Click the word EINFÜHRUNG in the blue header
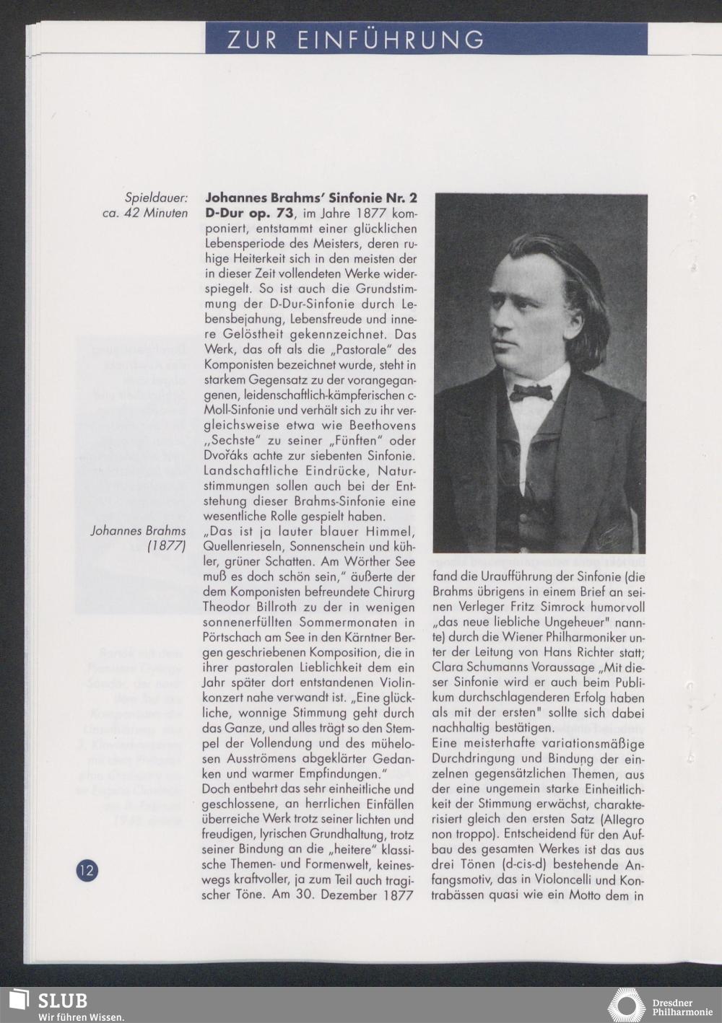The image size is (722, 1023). (391, 39)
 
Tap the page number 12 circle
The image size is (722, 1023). (87, 869)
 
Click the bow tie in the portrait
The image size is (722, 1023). (531, 392)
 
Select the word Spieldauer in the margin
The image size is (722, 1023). (156, 198)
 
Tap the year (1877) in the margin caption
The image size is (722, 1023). (167, 546)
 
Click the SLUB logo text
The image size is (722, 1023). (62, 1001)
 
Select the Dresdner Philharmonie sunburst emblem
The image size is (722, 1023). (626, 1006)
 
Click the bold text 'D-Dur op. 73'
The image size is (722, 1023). (249, 214)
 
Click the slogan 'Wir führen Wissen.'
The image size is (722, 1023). (81, 1017)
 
